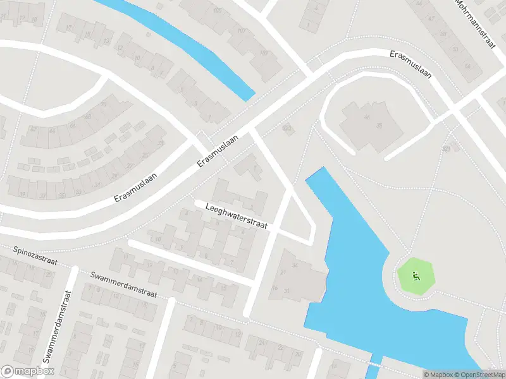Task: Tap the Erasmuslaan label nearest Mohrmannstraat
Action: point(410,65)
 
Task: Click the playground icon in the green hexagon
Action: point(416,275)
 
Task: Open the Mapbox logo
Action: point(28,371)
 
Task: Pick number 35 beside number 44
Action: point(379,126)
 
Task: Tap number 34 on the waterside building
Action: point(293,265)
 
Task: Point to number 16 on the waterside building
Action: point(275,288)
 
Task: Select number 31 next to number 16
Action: point(287,291)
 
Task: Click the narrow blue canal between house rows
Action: point(183,45)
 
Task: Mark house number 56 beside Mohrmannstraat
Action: point(467,66)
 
